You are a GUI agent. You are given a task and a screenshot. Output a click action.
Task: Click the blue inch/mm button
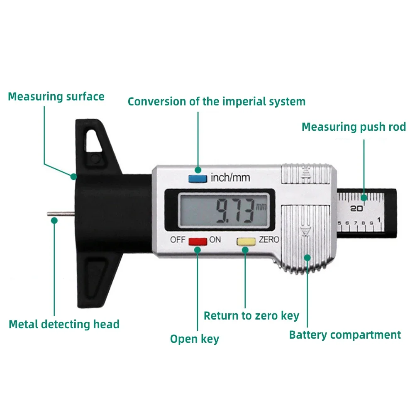[x=198, y=178]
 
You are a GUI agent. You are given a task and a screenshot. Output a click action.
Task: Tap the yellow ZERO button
[x=246, y=242]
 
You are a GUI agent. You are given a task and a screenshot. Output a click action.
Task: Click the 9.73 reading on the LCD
[x=234, y=211]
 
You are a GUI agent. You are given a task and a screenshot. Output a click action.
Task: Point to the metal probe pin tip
[x=48, y=214]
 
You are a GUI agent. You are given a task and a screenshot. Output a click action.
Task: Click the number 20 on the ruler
[x=356, y=209]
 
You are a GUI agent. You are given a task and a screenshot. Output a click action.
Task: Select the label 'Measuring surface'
[x=56, y=97]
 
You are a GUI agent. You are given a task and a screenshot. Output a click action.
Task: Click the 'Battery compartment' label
[x=345, y=335]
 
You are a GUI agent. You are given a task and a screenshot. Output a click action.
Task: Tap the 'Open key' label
[x=195, y=339]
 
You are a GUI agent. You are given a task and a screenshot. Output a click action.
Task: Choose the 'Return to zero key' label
[x=251, y=316]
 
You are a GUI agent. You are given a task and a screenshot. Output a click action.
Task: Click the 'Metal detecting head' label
[x=64, y=325]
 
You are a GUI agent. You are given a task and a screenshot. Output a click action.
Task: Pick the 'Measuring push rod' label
[x=354, y=127]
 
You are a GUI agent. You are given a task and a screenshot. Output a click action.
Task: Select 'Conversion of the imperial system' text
[x=217, y=102]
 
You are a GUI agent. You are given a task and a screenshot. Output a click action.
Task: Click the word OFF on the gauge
[x=178, y=240]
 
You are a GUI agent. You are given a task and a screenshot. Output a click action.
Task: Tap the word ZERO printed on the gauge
[x=269, y=240]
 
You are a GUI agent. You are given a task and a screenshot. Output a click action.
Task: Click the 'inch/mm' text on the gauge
[x=230, y=177]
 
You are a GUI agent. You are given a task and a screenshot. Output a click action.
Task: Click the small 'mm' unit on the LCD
[x=261, y=206]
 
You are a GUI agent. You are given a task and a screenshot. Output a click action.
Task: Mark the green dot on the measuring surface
[x=73, y=176]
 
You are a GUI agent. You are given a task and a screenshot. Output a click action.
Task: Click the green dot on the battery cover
[x=307, y=258]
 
